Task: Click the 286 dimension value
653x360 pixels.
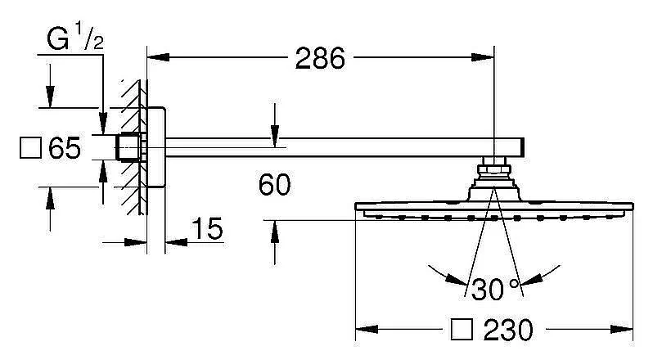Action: [320, 58]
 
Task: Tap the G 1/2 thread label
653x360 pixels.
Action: [75, 38]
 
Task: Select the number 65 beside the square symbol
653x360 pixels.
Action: [65, 147]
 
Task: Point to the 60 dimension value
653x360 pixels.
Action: [274, 185]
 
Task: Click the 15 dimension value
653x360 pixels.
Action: [207, 228]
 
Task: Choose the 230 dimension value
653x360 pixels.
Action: [508, 330]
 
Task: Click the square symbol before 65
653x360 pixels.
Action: [31, 148]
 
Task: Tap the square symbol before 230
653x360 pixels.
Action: [462, 330]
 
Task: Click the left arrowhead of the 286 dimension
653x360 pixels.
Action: [158, 57]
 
